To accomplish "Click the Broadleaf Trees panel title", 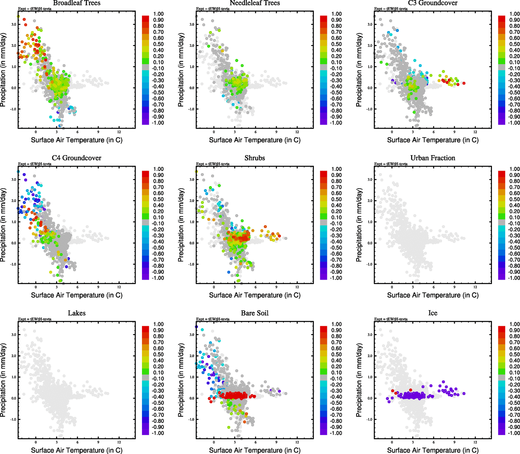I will (x=77, y=3).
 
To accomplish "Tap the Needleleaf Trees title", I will (x=255, y=3).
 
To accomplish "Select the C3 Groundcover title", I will (x=433, y=3).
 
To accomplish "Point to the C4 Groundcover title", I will (x=77, y=158).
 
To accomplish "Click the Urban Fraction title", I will (x=433, y=158).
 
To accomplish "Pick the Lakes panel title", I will (x=77, y=313).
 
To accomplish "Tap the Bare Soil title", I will (x=255, y=313).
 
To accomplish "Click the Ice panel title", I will (x=433, y=313).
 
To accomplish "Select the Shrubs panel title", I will (x=255, y=158).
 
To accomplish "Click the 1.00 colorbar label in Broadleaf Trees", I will (x=158, y=14).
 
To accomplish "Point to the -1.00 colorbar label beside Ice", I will (x=514, y=433).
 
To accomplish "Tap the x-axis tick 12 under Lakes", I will (x=119, y=442).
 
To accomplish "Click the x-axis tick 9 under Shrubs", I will (x=276, y=287).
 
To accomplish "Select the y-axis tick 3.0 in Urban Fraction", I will (x=370, y=179).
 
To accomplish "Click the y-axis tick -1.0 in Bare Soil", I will (x=191, y=419).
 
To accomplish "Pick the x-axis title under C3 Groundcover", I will (x=433, y=140).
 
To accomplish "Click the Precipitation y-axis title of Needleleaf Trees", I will (x=181, y=70).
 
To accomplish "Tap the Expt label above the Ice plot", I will (x=391, y=319).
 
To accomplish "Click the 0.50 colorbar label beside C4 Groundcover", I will (x=158, y=199).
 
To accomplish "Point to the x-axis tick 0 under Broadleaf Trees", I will (x=36, y=132).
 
